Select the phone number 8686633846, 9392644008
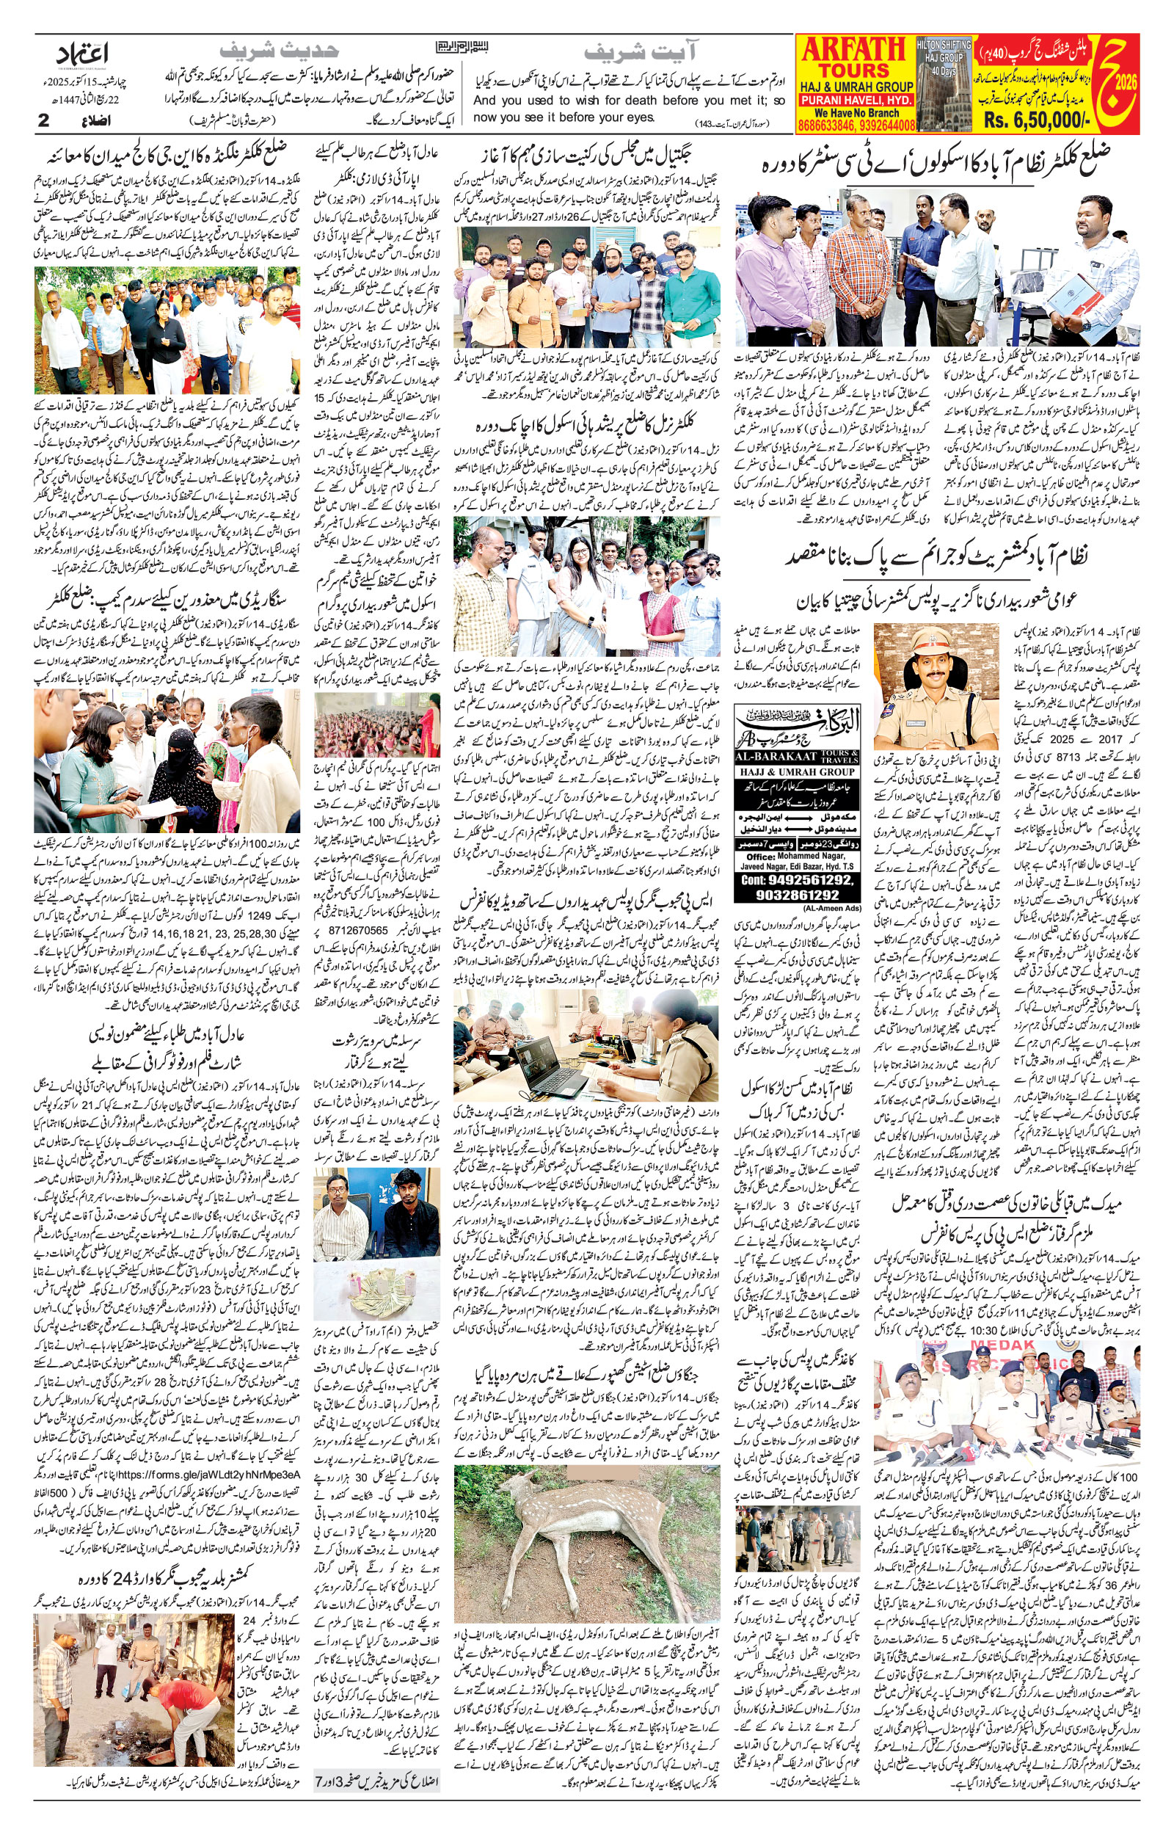click(x=856, y=125)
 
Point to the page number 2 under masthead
click(x=43, y=120)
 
